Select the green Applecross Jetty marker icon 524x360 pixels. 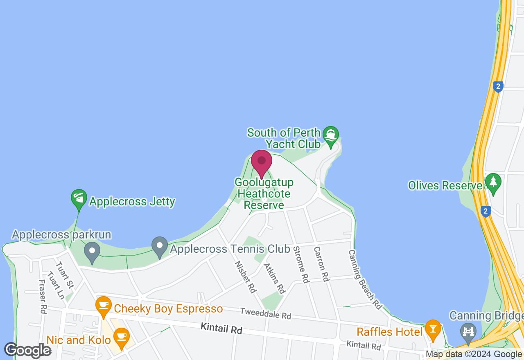79,198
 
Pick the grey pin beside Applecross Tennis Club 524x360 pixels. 160,246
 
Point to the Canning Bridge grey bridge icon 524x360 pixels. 468,331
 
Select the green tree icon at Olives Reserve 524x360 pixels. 493,182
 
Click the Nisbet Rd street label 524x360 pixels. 245,277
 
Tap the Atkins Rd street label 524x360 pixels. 274,279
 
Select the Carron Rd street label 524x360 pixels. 322,263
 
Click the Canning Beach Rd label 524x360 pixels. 365,279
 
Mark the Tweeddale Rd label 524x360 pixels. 265,314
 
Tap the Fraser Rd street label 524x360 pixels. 42,297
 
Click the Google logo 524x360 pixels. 28,351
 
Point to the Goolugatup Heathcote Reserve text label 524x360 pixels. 264,193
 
